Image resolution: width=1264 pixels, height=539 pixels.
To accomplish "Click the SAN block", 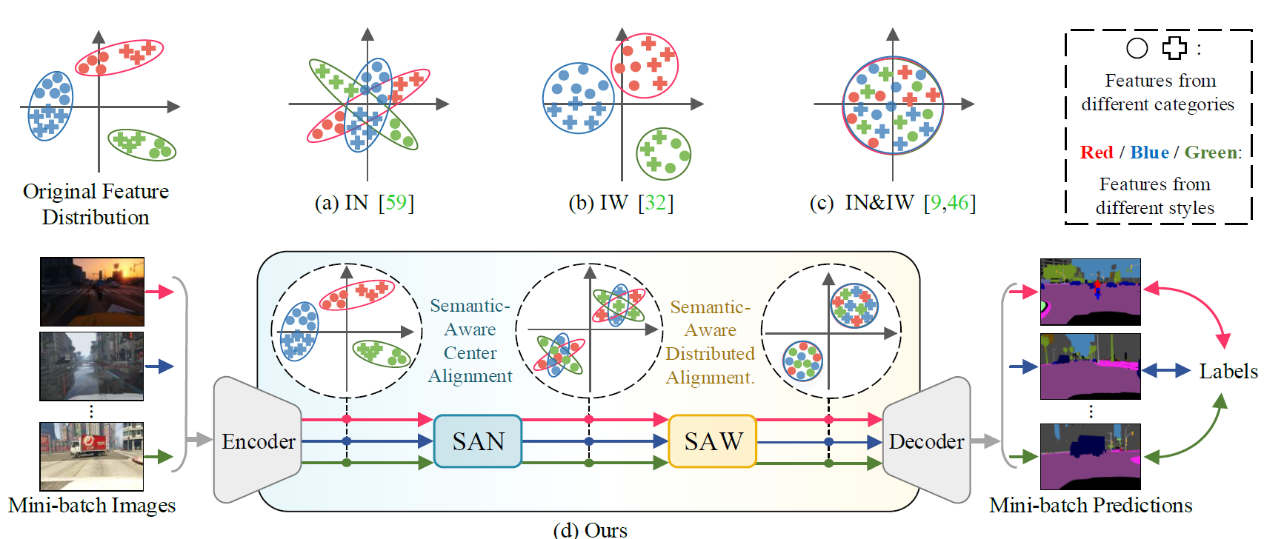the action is pyautogui.click(x=477, y=441).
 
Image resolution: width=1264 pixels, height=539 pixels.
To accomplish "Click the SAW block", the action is pyautogui.click(x=712, y=441).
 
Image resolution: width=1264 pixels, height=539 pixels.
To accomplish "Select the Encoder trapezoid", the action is pyautogui.click(x=257, y=440).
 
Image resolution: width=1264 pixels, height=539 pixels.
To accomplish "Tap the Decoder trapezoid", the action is pyautogui.click(x=926, y=440).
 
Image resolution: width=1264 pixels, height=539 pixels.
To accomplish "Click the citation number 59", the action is pyautogui.click(x=396, y=202).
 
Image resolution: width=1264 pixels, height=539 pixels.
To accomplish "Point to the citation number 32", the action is pyautogui.click(x=656, y=202).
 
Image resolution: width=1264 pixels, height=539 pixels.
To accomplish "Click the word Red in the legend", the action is pyautogui.click(x=1097, y=153).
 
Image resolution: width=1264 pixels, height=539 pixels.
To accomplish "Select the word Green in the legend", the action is pyautogui.click(x=1211, y=153).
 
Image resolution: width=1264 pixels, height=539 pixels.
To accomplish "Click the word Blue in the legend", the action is pyautogui.click(x=1149, y=153).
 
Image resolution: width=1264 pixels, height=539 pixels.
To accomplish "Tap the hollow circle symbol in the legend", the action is pyautogui.click(x=1137, y=48).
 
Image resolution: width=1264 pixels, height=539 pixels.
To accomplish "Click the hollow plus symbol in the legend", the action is pyautogui.click(x=1174, y=48).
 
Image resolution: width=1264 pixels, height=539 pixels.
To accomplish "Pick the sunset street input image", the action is pyautogui.click(x=92, y=292).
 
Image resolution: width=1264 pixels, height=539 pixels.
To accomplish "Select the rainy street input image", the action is pyautogui.click(x=91, y=366).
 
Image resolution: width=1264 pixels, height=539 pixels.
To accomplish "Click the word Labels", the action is pyautogui.click(x=1228, y=371).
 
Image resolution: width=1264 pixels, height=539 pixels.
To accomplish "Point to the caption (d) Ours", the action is pyautogui.click(x=591, y=530).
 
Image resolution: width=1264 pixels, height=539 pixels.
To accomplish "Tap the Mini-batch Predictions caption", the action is pyautogui.click(x=1091, y=505).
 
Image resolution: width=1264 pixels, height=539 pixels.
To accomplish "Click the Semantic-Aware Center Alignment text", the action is pyautogui.click(x=470, y=341).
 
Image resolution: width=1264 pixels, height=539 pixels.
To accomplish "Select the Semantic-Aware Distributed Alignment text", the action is pyautogui.click(x=711, y=341).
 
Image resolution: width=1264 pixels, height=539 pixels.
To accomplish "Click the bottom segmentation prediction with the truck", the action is pyautogui.click(x=1090, y=456).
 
